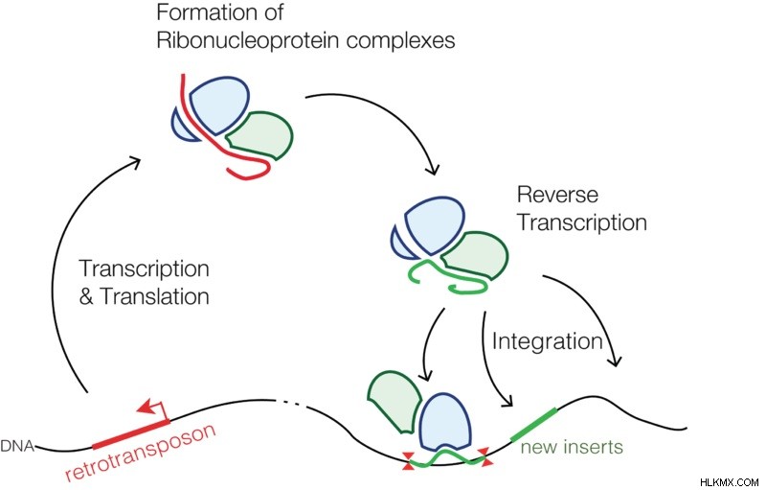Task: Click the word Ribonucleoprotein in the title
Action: tap(249, 40)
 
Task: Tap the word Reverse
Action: tap(557, 195)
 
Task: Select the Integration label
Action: tap(547, 340)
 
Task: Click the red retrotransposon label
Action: tap(141, 452)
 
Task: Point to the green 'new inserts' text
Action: tap(572, 447)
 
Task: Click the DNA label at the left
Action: tap(17, 446)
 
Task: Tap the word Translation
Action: tap(154, 296)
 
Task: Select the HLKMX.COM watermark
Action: tap(729, 482)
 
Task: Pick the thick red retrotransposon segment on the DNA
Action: tap(131, 433)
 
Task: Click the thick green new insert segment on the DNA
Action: tap(533, 424)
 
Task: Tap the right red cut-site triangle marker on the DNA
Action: tap(485, 457)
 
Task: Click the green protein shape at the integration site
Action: tap(394, 402)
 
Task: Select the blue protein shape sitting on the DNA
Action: tap(446, 422)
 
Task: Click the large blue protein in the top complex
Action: tap(219, 105)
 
